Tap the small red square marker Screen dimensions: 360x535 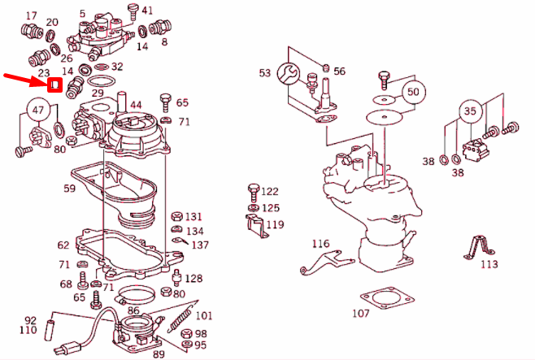(54, 84)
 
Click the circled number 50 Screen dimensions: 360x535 (413, 92)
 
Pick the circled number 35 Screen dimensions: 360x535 (470, 111)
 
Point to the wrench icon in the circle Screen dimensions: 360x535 (290, 74)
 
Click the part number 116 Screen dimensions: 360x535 (321, 244)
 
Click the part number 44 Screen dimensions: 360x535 (135, 105)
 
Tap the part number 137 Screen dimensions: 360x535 (200, 245)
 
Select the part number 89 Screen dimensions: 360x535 (159, 353)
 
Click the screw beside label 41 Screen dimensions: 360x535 (132, 11)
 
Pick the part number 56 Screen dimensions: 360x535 (339, 72)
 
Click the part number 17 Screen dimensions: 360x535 (32, 16)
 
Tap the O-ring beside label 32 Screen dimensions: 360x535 (98, 80)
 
